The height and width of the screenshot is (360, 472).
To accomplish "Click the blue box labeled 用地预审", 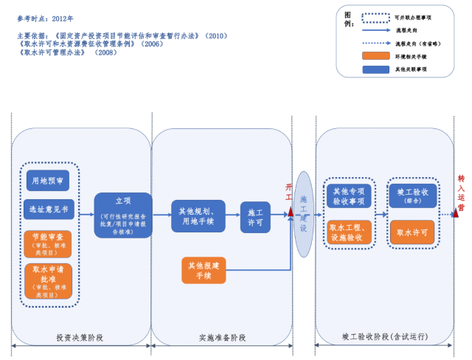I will (x=48, y=180).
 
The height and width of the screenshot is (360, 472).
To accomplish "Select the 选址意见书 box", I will (x=48, y=210).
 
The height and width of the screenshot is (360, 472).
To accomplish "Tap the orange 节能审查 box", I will (x=48, y=242).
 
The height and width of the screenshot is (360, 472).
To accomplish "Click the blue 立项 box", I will (x=123, y=215).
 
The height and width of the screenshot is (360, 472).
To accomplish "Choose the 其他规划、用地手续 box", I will (x=198, y=215).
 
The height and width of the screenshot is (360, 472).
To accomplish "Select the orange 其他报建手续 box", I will (x=204, y=270).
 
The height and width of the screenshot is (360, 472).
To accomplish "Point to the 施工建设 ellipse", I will (x=303, y=214).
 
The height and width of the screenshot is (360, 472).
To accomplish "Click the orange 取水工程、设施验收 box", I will (x=350, y=232).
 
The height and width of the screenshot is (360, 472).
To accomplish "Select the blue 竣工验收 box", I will (x=412, y=195).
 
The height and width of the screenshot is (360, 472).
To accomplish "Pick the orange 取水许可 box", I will (x=412, y=232).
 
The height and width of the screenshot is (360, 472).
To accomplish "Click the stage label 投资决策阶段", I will (x=80, y=338).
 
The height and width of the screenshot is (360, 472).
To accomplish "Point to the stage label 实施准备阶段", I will (x=222, y=338).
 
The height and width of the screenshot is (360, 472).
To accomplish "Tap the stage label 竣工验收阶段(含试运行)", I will (x=385, y=337).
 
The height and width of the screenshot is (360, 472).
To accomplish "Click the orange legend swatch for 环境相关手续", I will (x=375, y=56).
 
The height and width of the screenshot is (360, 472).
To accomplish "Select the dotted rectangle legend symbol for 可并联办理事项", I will (x=375, y=16).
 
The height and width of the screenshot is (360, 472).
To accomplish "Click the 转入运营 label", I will (x=461, y=193).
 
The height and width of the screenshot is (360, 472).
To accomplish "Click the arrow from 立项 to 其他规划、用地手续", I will (x=162, y=215).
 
